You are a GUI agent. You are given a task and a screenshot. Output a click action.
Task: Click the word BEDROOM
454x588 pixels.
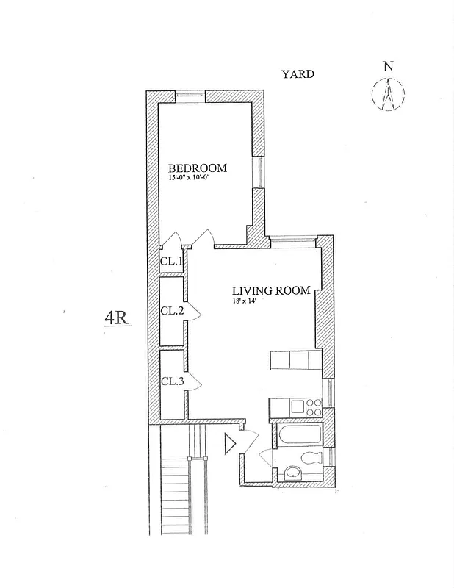(198, 168)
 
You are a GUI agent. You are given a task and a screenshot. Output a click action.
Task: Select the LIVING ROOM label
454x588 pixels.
(271, 290)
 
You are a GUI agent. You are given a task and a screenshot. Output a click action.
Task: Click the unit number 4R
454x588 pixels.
(117, 318)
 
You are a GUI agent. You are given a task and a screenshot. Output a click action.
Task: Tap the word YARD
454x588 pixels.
(298, 74)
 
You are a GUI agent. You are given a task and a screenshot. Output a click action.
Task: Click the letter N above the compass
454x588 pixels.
(387, 67)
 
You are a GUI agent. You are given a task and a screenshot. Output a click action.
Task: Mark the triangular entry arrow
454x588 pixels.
(229, 443)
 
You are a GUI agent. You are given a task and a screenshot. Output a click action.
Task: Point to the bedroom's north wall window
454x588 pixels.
(190, 95)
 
